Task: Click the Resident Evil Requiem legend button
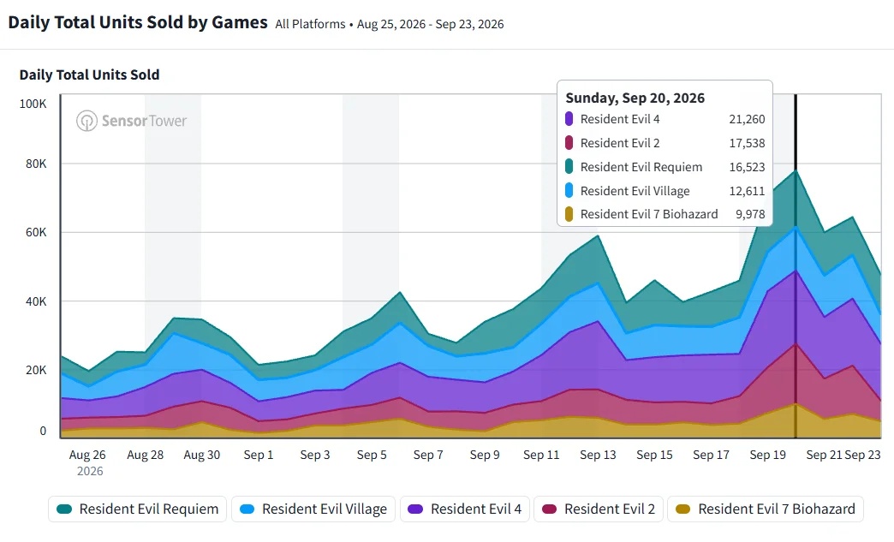(x=137, y=509)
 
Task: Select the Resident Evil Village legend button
(x=313, y=509)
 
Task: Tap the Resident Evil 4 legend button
(x=465, y=509)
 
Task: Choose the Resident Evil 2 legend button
(x=598, y=509)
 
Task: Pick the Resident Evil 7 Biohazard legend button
(x=766, y=509)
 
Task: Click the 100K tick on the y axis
(x=33, y=104)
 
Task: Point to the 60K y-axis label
(x=36, y=232)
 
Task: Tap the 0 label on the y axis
(x=43, y=432)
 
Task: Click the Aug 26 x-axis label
(x=87, y=455)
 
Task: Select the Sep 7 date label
(x=428, y=455)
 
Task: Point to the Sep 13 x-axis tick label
(x=598, y=455)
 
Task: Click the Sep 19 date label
(x=767, y=455)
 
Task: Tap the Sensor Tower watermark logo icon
(x=87, y=121)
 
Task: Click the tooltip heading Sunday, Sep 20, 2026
(x=635, y=98)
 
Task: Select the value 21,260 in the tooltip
(x=747, y=119)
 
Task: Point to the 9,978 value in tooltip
(x=750, y=214)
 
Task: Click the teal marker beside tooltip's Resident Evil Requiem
(x=569, y=167)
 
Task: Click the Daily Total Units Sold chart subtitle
(x=90, y=74)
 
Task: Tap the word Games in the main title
(x=240, y=22)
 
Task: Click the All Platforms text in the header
(x=310, y=24)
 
